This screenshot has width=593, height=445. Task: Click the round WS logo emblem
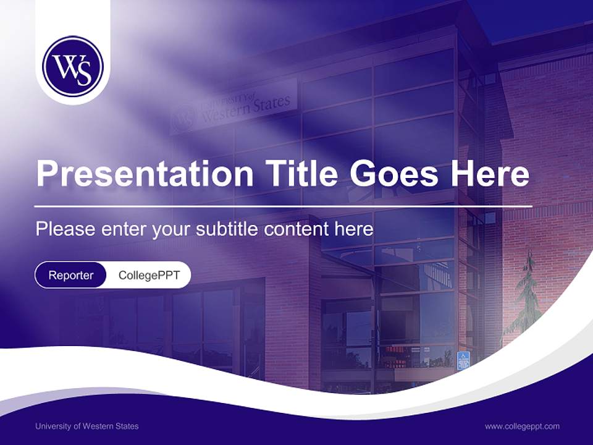[73, 66]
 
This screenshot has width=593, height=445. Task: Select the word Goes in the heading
[393, 174]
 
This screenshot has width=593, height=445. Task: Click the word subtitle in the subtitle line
[227, 229]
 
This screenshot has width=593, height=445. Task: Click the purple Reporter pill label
[71, 275]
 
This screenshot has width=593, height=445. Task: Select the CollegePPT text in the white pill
[149, 275]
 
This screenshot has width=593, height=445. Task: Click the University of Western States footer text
[86, 426]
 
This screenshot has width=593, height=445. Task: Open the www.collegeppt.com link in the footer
[522, 426]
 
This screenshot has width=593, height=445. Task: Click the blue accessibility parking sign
[463, 360]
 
